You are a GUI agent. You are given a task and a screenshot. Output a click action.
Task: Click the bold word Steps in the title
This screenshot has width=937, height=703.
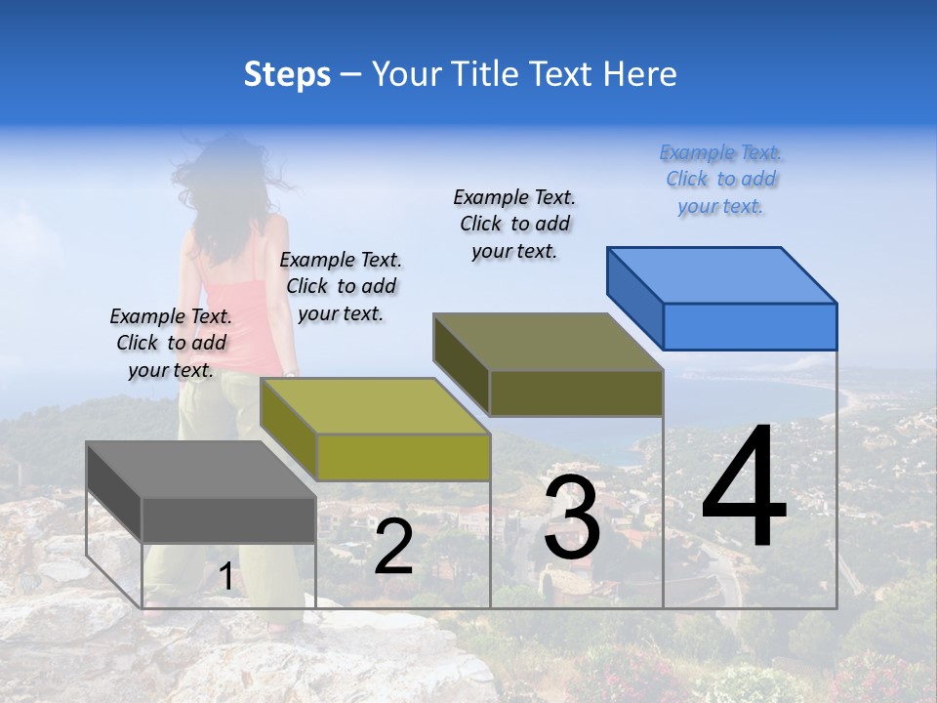(287, 74)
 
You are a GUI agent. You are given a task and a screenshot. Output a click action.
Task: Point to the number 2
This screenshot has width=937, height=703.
(393, 546)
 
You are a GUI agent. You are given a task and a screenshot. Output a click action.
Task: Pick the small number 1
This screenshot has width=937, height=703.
(225, 577)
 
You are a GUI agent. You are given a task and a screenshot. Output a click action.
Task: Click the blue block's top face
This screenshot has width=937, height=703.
(721, 274)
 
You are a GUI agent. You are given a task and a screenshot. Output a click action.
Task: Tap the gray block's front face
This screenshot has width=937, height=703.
(228, 519)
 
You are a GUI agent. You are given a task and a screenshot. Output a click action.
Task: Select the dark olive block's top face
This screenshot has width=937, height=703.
(548, 342)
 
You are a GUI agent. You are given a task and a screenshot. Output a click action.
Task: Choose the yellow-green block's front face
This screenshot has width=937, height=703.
(402, 457)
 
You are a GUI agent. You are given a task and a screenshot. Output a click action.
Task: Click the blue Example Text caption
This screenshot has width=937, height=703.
(720, 180)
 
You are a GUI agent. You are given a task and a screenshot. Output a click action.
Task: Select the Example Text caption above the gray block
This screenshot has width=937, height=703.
(171, 344)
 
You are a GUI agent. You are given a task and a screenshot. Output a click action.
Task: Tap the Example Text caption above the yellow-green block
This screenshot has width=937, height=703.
(341, 287)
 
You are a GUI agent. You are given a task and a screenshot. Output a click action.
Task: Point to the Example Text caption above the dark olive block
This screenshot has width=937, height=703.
(514, 225)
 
